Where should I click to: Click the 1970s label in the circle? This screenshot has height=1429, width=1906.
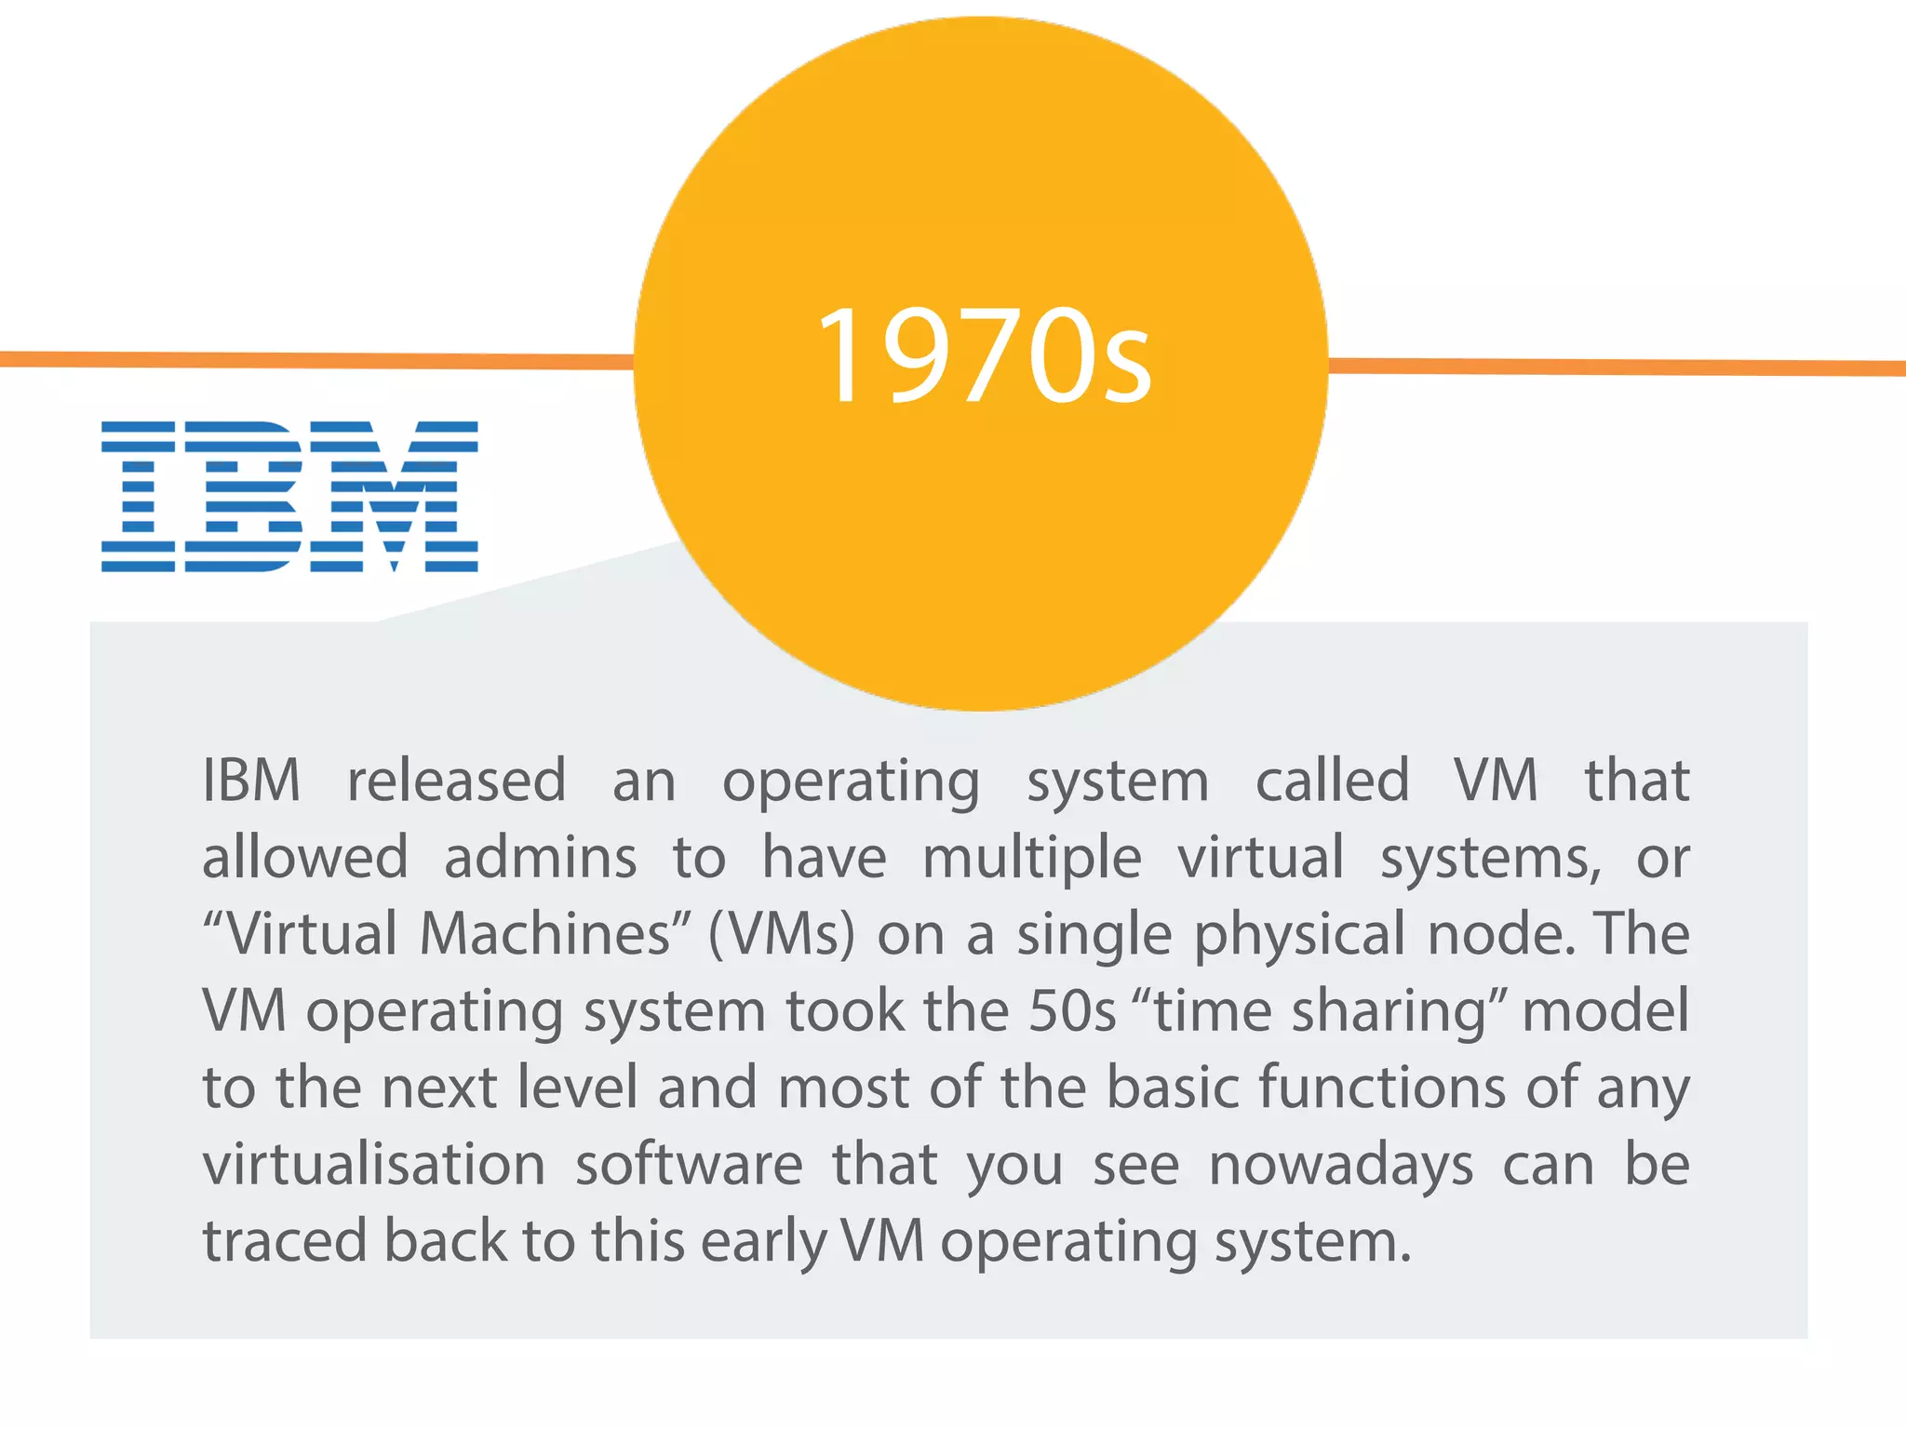click(984, 356)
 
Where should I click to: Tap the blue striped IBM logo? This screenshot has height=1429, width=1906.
click(289, 496)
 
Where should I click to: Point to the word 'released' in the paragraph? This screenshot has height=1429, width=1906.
click(456, 780)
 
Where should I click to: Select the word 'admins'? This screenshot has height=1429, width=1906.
click(540, 857)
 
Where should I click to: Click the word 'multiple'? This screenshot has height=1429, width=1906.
click(1031, 857)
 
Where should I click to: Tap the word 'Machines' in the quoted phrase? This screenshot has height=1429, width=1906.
click(544, 934)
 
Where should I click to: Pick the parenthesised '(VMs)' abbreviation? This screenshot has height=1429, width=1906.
click(781, 934)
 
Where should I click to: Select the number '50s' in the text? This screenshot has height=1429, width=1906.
click(1072, 1010)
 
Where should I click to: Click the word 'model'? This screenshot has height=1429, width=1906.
click(1605, 1010)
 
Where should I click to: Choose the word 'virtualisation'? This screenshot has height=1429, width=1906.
click(374, 1164)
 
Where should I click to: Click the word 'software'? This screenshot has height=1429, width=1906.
click(689, 1164)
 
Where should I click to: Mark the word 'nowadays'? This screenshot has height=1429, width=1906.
click(1341, 1166)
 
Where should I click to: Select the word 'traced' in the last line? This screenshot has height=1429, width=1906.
click(285, 1241)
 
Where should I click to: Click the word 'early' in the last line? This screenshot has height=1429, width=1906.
click(763, 1243)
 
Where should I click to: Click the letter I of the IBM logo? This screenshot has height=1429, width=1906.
click(139, 496)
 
